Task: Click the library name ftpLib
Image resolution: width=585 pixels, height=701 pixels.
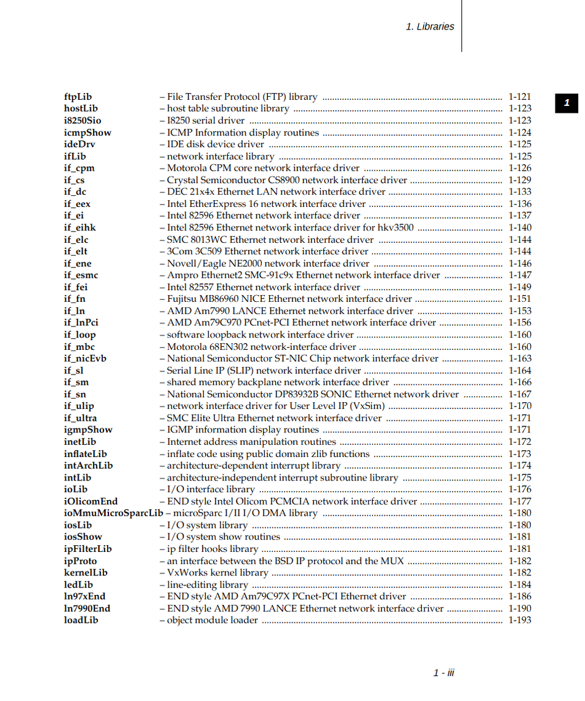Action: (78, 97)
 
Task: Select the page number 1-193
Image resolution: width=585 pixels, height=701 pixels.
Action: (520, 620)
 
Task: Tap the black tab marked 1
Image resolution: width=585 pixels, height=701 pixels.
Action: (567, 103)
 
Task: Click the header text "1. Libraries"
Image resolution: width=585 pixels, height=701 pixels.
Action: (430, 26)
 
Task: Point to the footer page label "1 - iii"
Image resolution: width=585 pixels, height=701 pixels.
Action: (443, 673)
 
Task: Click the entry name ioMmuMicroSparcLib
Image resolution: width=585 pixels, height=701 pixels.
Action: (113, 513)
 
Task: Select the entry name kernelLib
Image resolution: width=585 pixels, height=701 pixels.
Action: (86, 573)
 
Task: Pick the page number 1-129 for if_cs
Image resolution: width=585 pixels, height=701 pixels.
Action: (520, 180)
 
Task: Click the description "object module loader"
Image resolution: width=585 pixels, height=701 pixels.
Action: (212, 620)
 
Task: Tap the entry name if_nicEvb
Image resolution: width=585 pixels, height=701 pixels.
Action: (85, 359)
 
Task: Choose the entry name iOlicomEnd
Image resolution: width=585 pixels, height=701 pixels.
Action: (91, 501)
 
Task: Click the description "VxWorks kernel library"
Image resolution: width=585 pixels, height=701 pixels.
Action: (217, 573)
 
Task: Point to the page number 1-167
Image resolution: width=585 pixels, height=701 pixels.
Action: (520, 394)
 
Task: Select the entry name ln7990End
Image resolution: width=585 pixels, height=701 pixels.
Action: (87, 609)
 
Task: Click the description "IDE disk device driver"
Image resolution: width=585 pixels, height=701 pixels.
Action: (216, 144)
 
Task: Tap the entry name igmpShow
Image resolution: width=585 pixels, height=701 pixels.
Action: (88, 430)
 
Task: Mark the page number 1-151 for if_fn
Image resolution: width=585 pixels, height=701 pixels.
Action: (520, 299)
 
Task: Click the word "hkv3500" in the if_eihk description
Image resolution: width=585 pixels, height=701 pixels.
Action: (395, 227)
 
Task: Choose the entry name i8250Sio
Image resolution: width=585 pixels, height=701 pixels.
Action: (83, 121)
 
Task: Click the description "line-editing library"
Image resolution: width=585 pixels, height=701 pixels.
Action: (208, 585)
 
